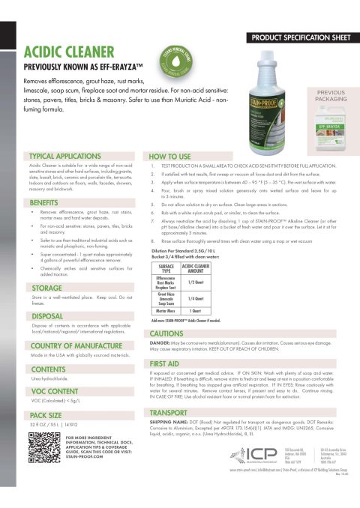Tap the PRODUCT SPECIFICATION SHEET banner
pos(300,36)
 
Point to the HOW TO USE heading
pos(174,149)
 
